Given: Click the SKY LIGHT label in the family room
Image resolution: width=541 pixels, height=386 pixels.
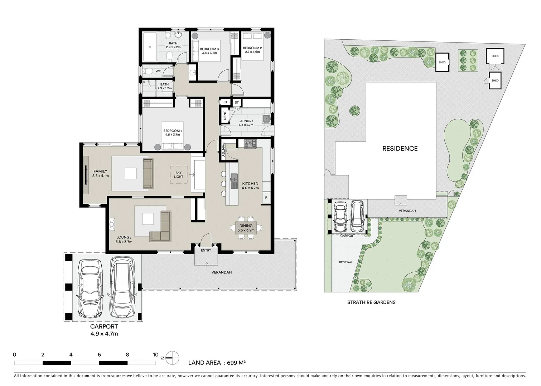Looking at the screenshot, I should pyautogui.click(x=178, y=174).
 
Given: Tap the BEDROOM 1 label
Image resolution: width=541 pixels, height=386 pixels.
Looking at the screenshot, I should pyautogui.click(x=173, y=133).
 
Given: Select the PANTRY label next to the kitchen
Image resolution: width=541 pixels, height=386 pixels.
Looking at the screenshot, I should pyautogui.click(x=223, y=150).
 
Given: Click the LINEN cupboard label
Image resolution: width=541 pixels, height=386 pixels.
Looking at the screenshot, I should pyautogui.click(x=224, y=115).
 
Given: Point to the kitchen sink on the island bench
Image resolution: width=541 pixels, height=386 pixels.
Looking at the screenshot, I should pyautogui.click(x=234, y=178).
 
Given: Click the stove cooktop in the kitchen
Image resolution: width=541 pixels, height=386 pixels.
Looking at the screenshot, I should pyautogui.click(x=250, y=144).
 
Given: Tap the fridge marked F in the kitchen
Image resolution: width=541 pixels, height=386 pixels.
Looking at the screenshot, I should pyautogui.click(x=266, y=197).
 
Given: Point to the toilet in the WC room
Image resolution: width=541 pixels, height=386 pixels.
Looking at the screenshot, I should pyautogui.click(x=147, y=71).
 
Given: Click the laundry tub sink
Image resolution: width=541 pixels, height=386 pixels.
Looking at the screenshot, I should pyautogui.click(x=266, y=118).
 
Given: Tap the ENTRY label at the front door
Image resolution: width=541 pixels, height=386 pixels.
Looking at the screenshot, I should pyautogui.click(x=206, y=250).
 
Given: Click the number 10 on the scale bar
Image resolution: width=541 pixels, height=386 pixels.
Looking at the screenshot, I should pyautogui.click(x=155, y=355).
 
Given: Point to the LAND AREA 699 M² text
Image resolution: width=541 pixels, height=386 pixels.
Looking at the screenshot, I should pyautogui.click(x=217, y=363).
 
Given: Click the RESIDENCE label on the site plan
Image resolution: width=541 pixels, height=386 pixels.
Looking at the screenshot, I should pyautogui.click(x=400, y=148).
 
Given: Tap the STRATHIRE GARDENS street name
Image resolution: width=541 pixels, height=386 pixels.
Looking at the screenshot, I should pyautogui.click(x=371, y=302).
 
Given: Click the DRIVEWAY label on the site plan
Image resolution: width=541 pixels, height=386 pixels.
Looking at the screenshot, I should pyautogui.click(x=346, y=262).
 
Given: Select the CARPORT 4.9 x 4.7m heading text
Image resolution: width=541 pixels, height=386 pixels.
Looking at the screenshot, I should pyautogui.click(x=104, y=330).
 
